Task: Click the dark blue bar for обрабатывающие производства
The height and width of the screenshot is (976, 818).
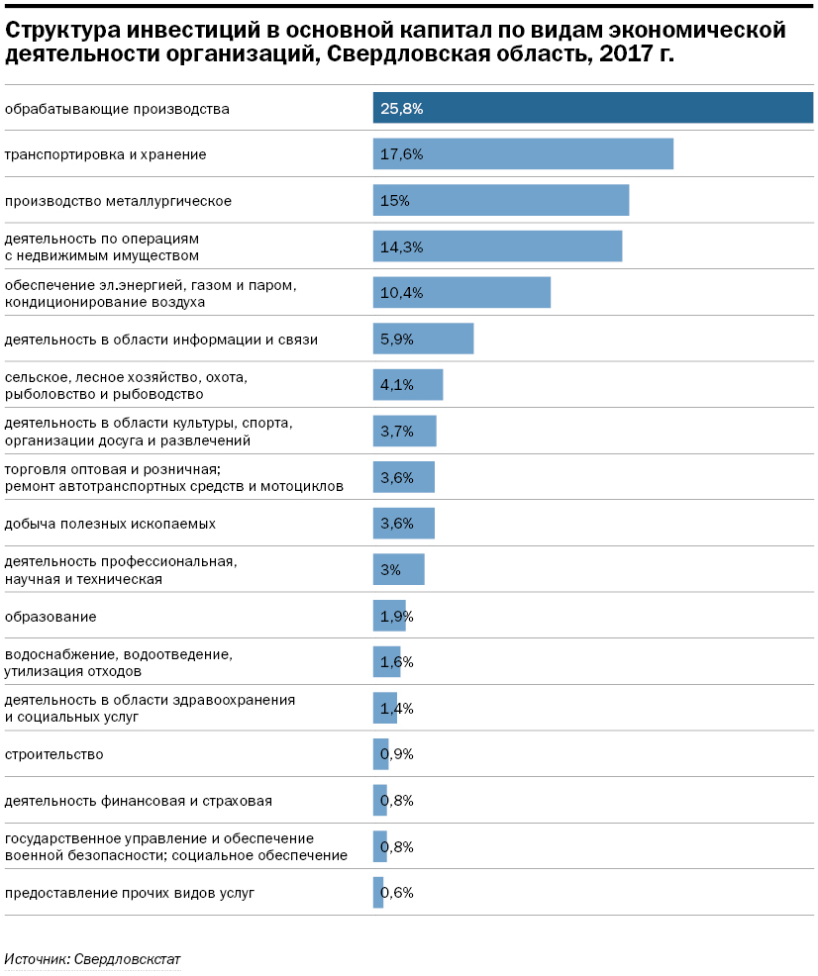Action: tap(592, 108)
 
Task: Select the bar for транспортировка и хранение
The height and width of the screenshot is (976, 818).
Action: tap(523, 154)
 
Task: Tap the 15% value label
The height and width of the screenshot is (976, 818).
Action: tap(394, 201)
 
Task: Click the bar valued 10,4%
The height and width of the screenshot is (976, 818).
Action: tap(461, 293)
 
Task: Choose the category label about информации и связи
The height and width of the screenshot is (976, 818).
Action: tap(161, 340)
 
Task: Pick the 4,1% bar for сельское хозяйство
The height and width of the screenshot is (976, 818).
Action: tap(408, 385)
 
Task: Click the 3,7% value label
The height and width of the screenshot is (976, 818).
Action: tap(396, 432)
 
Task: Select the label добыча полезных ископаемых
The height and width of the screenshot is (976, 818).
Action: tap(110, 523)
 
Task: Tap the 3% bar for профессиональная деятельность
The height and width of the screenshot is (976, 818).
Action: tap(398, 569)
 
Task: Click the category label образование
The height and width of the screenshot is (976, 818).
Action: tap(51, 617)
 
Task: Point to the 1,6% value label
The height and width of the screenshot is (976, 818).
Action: tap(396, 662)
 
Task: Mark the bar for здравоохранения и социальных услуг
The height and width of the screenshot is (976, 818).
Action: tap(384, 708)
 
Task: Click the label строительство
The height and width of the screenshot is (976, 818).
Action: tap(53, 754)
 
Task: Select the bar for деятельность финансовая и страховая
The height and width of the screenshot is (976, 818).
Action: tap(379, 800)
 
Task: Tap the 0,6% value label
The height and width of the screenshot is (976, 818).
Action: tap(397, 892)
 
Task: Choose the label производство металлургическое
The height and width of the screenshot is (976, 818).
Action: tap(118, 201)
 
